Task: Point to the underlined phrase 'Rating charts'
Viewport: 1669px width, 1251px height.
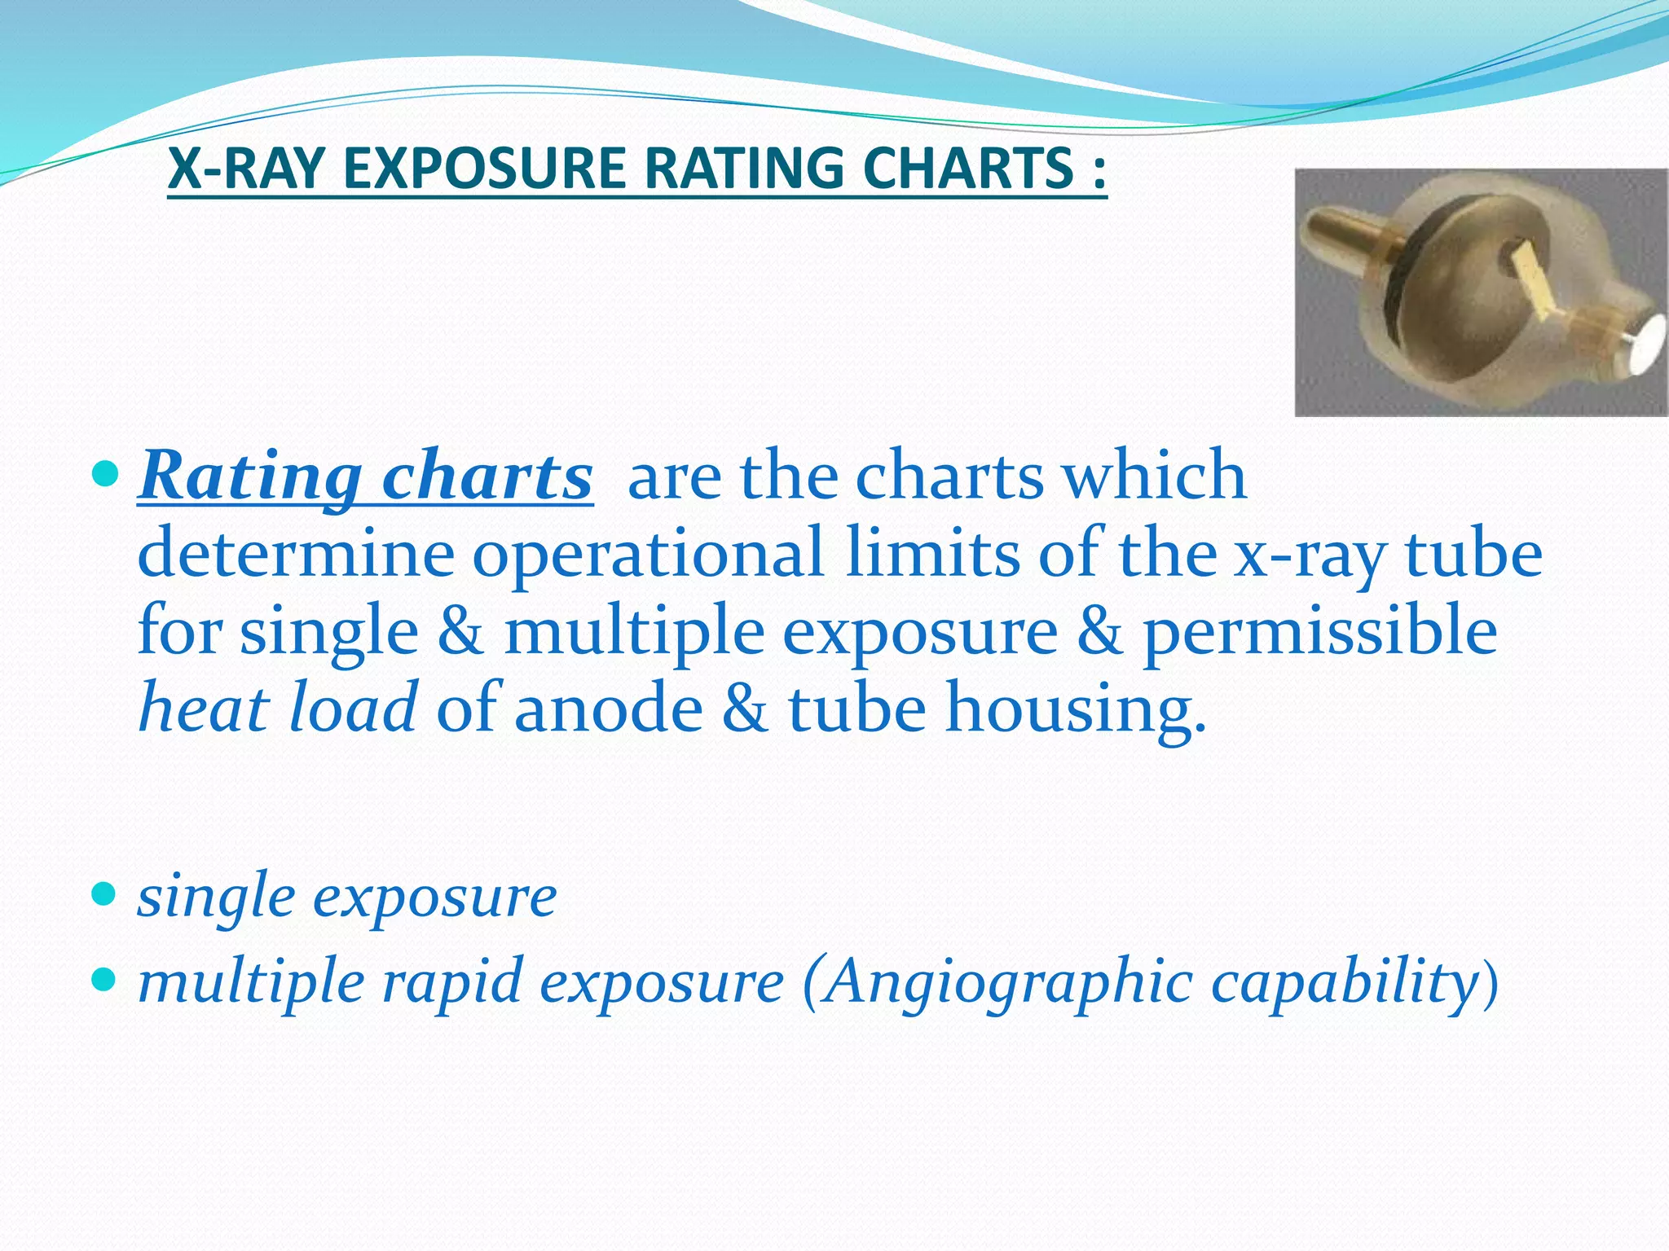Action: point(365,476)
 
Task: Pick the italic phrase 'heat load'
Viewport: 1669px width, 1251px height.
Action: point(278,707)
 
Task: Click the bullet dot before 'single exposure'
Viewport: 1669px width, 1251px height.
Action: point(105,896)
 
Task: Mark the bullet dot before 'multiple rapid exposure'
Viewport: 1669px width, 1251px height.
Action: point(105,980)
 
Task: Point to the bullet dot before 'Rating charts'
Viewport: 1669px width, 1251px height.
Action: point(105,473)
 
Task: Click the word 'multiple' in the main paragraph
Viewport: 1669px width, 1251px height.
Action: point(634,632)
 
